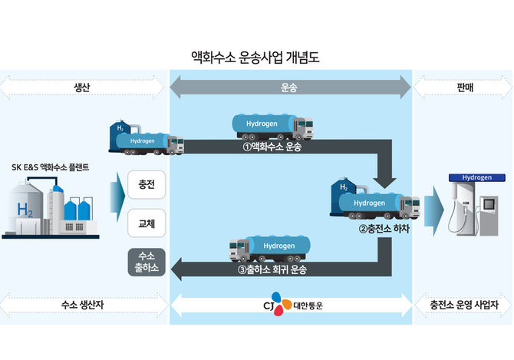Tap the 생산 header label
click(83, 88)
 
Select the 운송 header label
click(289, 88)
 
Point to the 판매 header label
click(463, 88)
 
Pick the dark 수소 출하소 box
click(146, 261)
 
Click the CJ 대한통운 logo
click(291, 304)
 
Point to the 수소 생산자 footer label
click(83, 304)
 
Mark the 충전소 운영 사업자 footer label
click(463, 304)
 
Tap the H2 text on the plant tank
click(25, 209)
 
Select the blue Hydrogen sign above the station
click(476, 177)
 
